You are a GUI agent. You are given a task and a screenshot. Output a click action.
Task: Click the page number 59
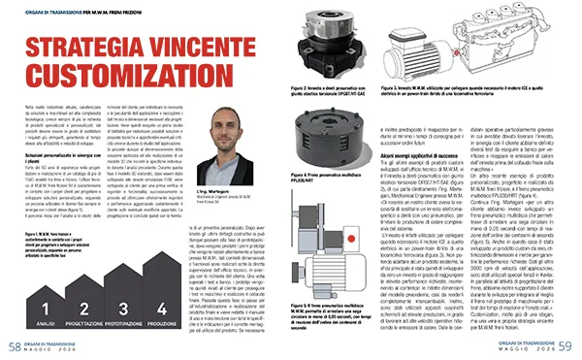(x=568, y=346)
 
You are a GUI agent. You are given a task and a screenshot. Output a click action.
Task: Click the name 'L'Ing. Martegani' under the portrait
(x=234, y=167)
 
